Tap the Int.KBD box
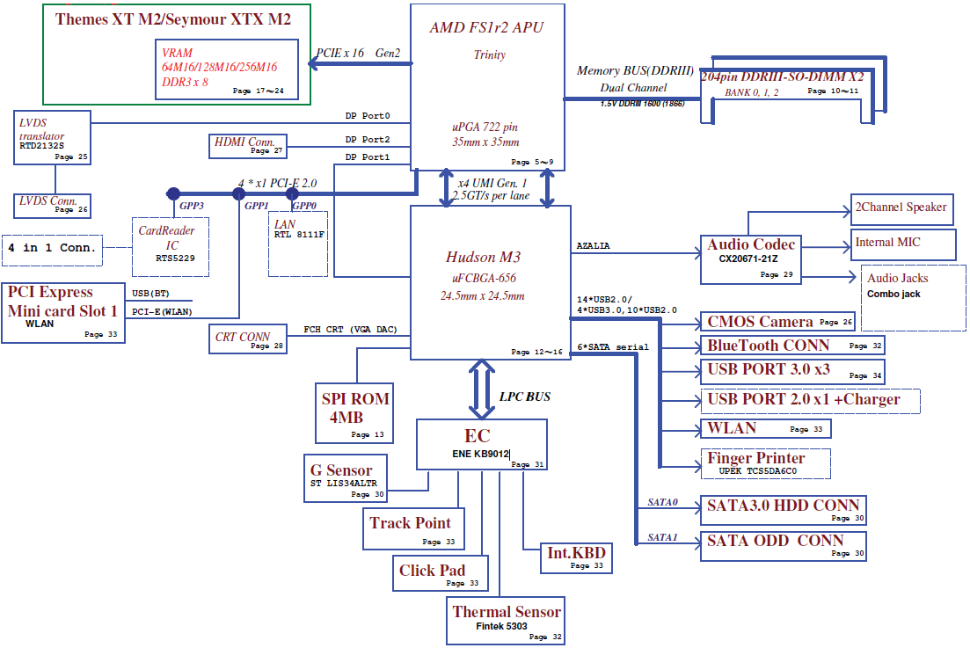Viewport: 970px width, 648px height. pos(576,557)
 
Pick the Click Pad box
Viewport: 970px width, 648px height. pos(441,572)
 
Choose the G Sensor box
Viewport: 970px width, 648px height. pos(346,477)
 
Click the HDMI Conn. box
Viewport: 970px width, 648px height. pos(247,145)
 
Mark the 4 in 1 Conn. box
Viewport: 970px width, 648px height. pos(53,248)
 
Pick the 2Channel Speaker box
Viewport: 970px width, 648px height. pos(901,209)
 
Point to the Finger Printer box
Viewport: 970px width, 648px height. pos(768,462)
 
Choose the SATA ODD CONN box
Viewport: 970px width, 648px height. pos(783,545)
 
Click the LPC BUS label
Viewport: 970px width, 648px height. pos(524,397)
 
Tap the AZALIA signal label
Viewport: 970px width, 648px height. pos(594,246)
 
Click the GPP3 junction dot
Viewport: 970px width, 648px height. pos(173,193)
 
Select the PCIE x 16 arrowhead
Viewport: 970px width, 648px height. pos(313,63)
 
